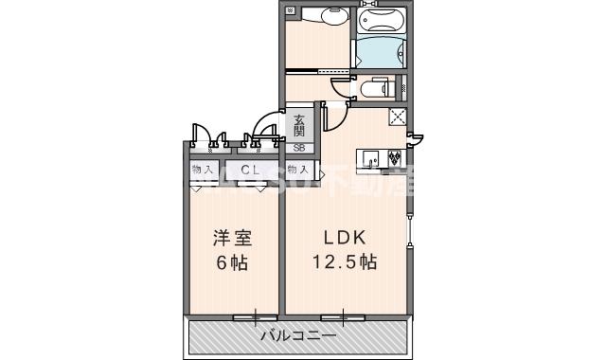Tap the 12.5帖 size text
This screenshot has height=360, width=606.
point(348,262)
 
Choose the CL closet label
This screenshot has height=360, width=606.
point(251,170)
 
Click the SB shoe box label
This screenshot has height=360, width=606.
point(299,147)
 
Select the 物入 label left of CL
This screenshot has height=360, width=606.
point(202,170)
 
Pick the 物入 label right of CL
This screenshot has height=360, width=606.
point(298,170)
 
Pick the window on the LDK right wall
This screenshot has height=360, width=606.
point(410,227)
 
